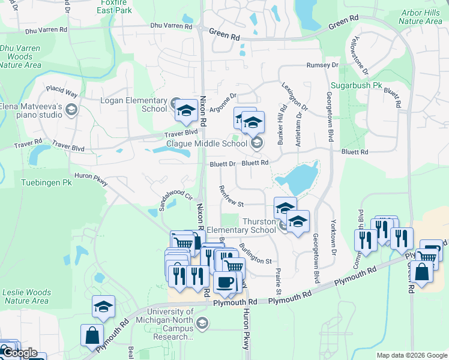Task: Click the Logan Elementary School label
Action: click(x=133, y=104)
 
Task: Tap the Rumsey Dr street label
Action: click(x=322, y=65)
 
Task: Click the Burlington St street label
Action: click(x=255, y=254)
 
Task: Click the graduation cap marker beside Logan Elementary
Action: click(x=186, y=110)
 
